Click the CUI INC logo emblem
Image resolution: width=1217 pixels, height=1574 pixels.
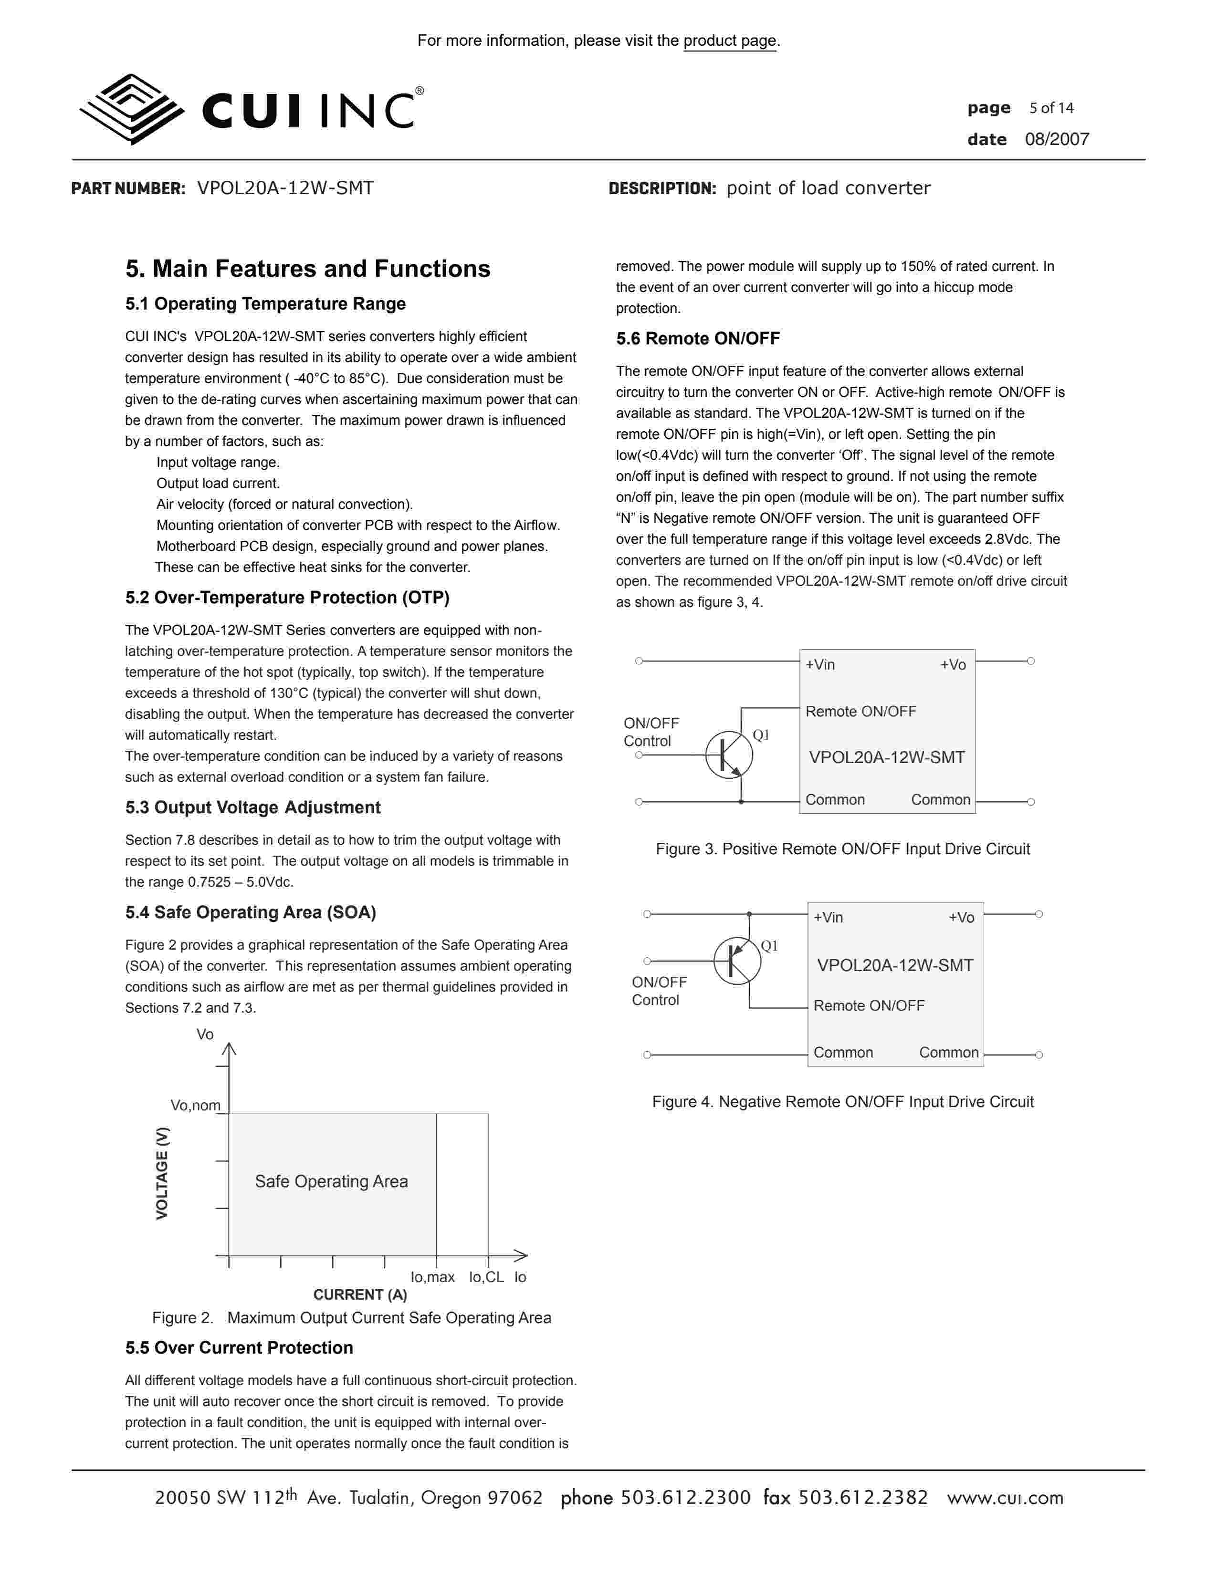[131, 109]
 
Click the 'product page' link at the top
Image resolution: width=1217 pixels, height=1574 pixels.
[730, 41]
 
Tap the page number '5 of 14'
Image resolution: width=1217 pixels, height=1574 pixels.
[1051, 108]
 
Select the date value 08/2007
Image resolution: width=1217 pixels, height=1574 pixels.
[1057, 140]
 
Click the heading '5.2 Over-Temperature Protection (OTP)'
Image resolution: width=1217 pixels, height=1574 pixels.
[287, 598]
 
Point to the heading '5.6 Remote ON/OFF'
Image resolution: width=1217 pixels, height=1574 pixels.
[697, 338]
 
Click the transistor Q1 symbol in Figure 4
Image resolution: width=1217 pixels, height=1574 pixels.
[737, 961]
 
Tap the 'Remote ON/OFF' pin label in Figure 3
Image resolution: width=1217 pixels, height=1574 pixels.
[860, 711]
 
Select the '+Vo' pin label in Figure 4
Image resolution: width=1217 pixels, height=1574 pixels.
[961, 917]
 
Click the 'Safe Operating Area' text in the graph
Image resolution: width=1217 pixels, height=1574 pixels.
[331, 1181]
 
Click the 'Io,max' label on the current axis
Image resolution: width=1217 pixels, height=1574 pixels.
[432, 1277]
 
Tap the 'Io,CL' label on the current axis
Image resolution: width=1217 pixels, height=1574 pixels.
[486, 1277]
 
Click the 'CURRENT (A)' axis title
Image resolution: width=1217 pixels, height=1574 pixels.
[360, 1294]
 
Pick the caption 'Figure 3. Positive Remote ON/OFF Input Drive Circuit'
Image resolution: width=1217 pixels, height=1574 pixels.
[842, 849]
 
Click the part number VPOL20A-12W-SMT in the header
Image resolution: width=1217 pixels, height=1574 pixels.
[285, 188]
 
